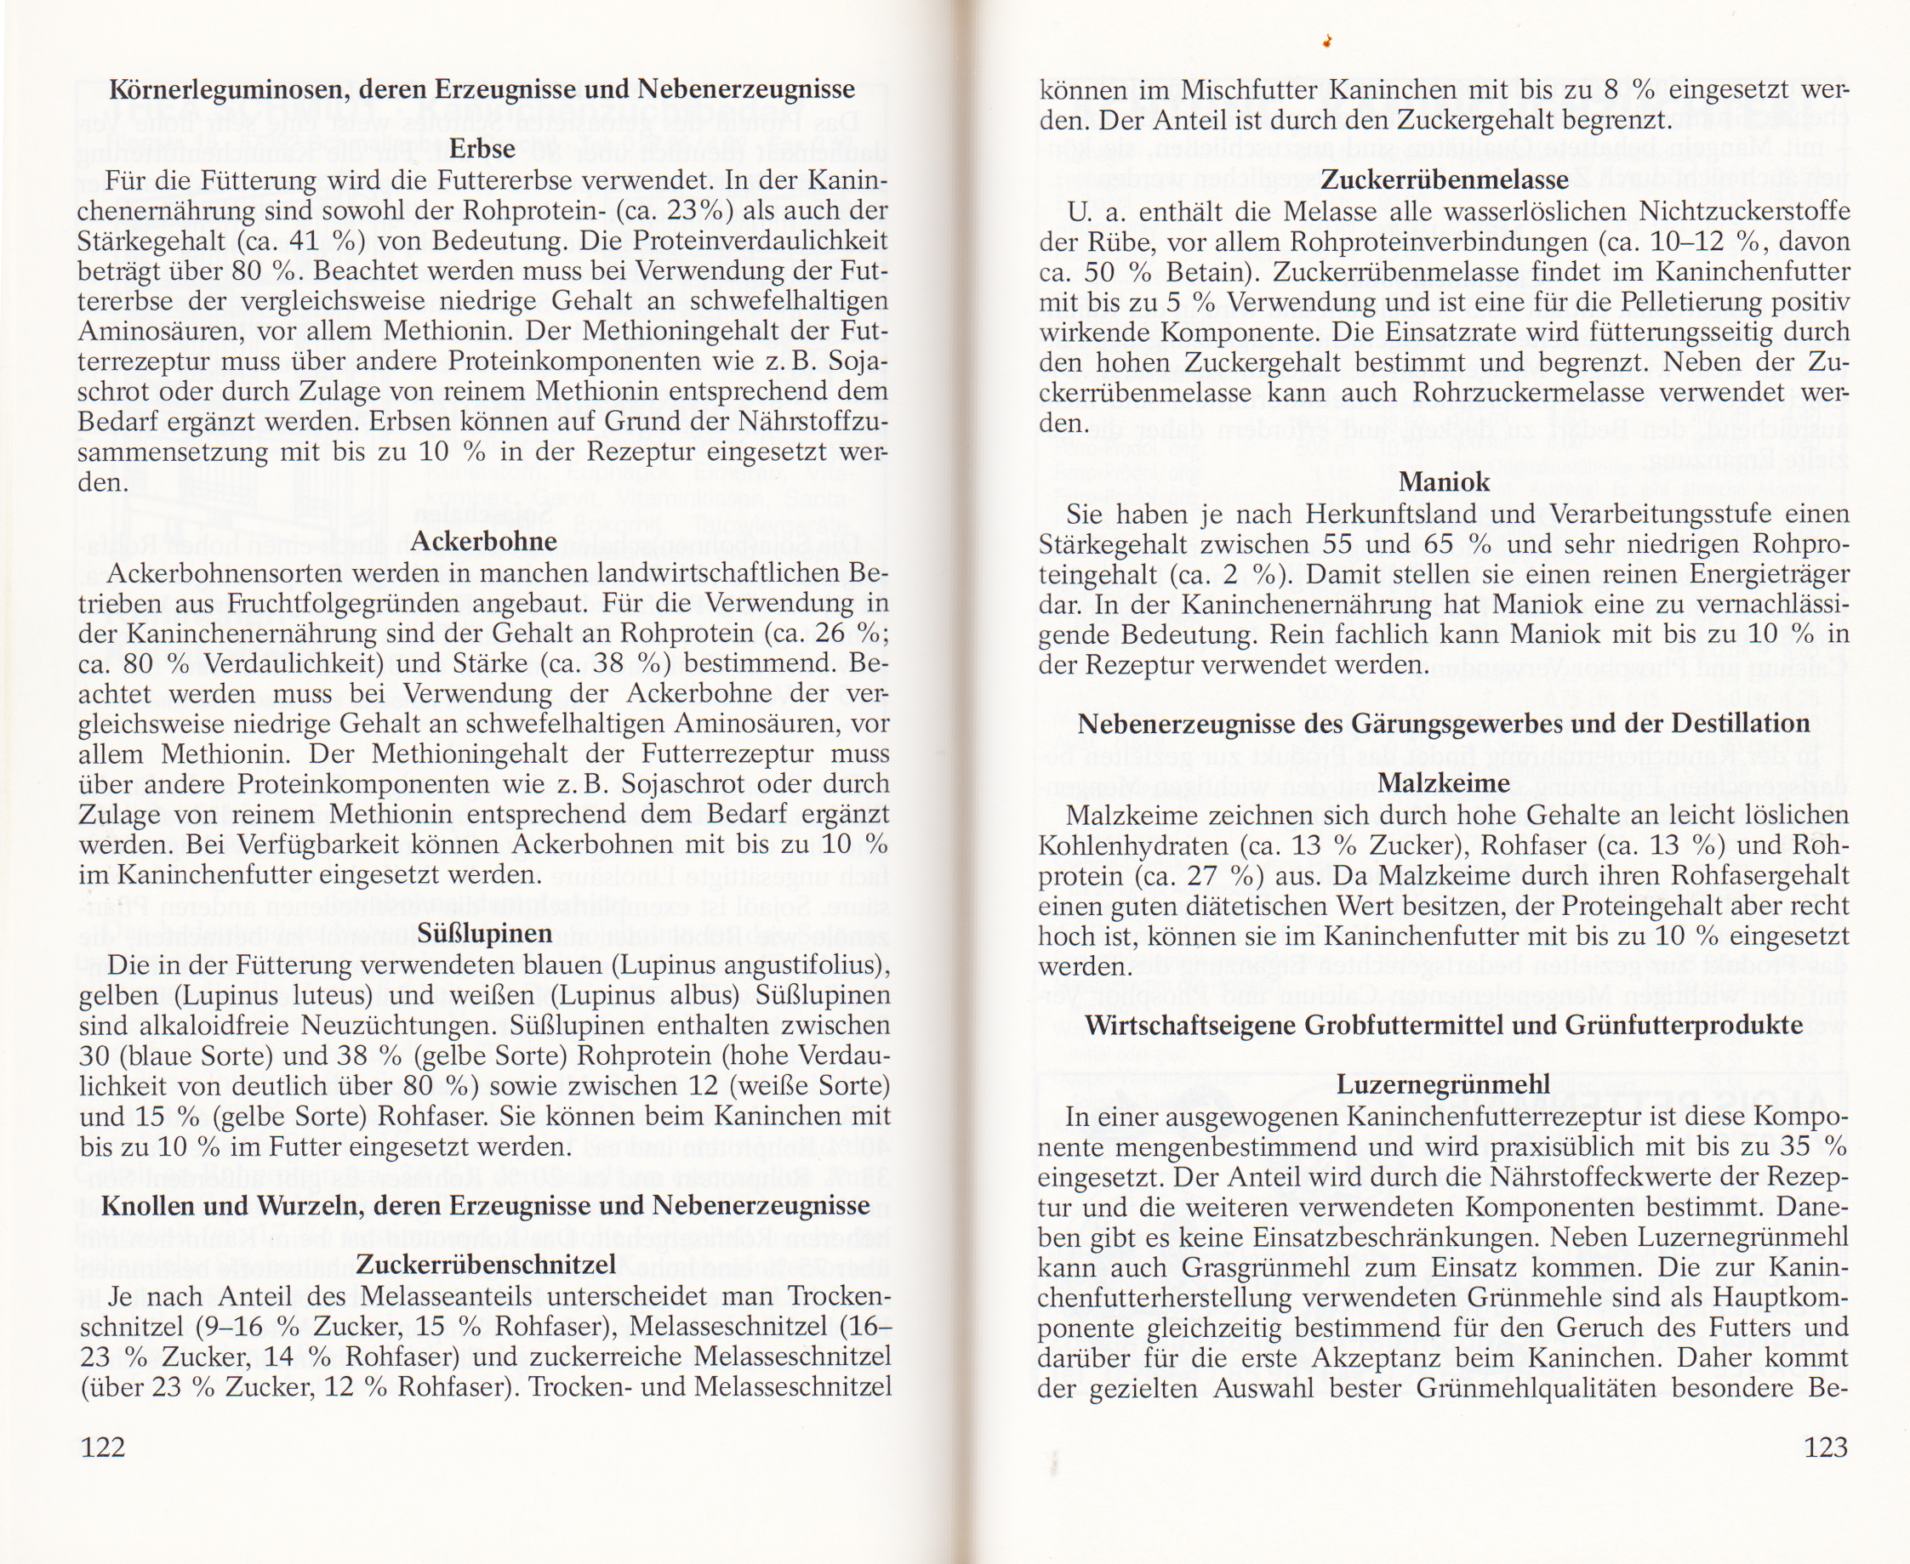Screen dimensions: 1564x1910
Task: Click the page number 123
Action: coord(1825,1447)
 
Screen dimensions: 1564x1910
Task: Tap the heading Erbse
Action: coord(482,149)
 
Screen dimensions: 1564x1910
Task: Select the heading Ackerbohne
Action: coord(483,541)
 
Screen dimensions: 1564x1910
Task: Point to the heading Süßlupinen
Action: coord(485,933)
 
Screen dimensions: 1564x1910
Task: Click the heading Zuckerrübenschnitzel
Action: coord(486,1265)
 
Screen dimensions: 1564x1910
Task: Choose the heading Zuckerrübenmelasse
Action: coord(1444,180)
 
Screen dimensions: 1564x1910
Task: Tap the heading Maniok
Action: coord(1444,482)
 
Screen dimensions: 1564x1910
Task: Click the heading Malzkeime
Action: coord(1444,783)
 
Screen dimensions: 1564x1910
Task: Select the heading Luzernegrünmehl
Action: coord(1444,1084)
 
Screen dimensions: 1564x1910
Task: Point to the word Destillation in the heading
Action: coord(1741,724)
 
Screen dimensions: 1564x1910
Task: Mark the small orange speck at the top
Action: coord(1328,41)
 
